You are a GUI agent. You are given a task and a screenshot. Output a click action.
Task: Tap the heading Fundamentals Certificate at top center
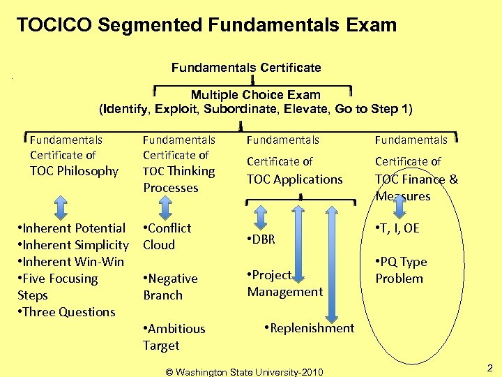[246, 68]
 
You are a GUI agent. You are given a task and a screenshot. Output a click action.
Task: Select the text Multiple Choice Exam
[256, 94]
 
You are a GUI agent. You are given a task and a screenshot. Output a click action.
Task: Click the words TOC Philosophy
[74, 171]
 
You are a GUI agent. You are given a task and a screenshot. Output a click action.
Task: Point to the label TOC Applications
[294, 179]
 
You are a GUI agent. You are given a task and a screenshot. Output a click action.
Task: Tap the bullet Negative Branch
[170, 286]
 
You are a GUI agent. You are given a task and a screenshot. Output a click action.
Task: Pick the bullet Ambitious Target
[174, 337]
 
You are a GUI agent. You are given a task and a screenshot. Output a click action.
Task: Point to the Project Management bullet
[284, 283]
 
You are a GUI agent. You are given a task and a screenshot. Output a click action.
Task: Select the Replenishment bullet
[310, 328]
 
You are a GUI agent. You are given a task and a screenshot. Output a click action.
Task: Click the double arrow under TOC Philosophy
[61, 207]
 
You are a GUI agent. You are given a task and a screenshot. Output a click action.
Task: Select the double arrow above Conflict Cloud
[166, 207]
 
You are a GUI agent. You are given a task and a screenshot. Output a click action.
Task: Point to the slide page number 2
[489, 367]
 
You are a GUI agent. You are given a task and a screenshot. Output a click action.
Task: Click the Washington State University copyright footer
[244, 371]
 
